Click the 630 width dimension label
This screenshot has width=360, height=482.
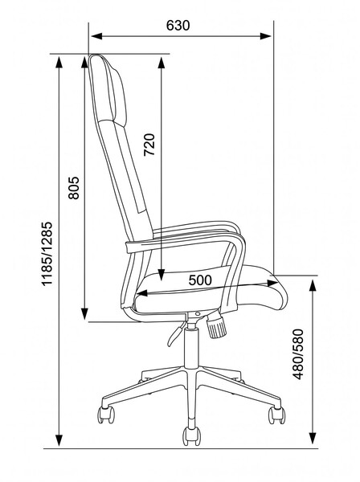coord(178,26)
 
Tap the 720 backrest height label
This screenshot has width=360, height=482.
coord(149,145)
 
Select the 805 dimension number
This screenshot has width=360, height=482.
coord(74,188)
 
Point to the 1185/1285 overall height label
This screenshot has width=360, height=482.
coord(47,254)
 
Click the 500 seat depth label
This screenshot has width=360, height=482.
coord(200,280)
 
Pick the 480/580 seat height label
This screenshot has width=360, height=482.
coord(298,354)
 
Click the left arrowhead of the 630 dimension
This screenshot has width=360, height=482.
coord(96,36)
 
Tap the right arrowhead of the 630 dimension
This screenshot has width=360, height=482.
coord(266,36)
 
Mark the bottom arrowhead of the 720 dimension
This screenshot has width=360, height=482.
coord(162,275)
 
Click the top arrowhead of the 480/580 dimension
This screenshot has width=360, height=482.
coord(313,285)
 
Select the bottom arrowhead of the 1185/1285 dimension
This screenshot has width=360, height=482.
coord(59,440)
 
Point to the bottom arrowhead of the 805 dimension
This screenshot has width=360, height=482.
coord(84,314)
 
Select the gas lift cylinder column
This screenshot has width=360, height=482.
coord(191,347)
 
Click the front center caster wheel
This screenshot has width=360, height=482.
coord(192,436)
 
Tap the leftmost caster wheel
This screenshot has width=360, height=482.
coord(106,415)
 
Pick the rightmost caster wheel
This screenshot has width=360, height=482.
coord(276,415)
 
